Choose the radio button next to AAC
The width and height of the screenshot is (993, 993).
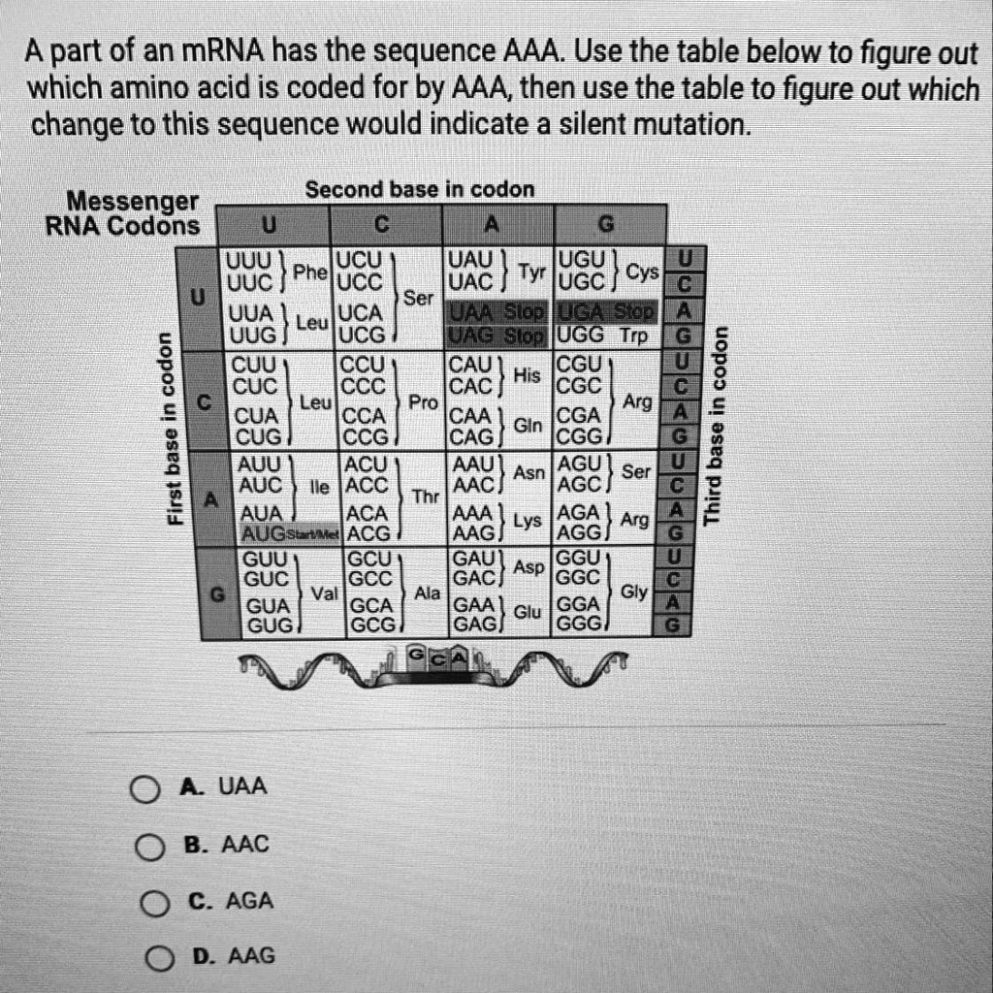148,849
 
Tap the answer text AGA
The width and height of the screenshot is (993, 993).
249,901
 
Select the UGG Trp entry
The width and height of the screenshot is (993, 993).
604,335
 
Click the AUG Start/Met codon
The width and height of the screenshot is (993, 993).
287,532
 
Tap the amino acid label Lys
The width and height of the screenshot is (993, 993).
528,522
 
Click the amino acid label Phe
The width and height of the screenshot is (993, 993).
311,272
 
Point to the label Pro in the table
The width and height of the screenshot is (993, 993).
423,400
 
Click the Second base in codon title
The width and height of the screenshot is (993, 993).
419,190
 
